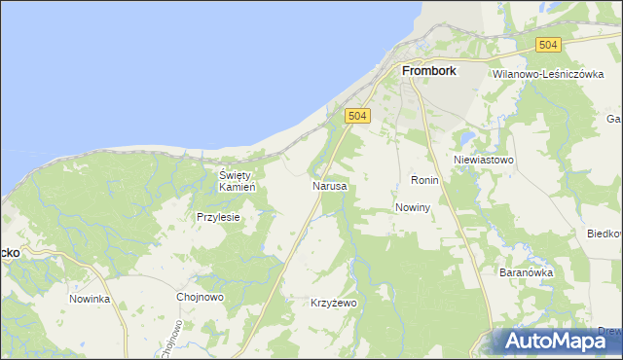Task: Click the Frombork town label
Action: pos(431,71)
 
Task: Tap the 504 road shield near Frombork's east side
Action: pos(549,45)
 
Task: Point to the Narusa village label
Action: pos(329,185)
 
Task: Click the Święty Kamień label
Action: pos(237,180)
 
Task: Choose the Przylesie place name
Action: pos(218,218)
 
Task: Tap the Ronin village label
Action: pos(425,181)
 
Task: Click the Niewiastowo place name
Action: pos(483,159)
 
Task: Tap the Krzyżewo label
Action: pos(334,304)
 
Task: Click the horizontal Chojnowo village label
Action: pos(201,298)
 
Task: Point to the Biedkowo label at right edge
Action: pos(605,234)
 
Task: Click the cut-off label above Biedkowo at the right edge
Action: pos(614,119)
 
